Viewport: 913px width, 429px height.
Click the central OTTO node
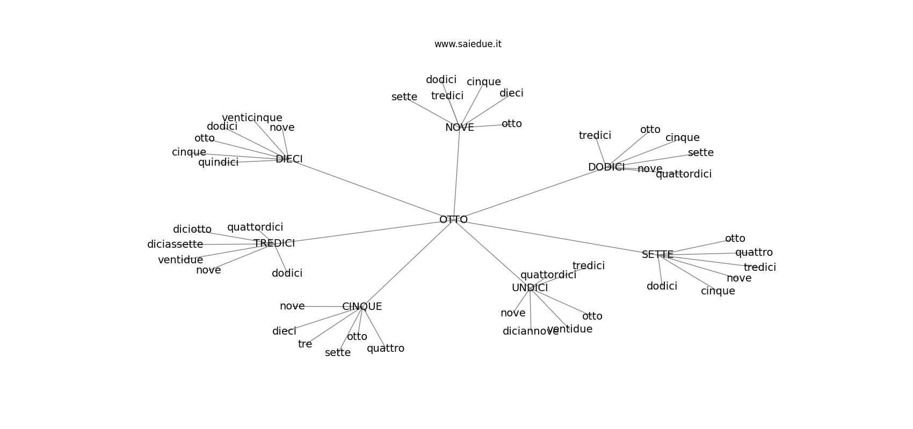click(453, 219)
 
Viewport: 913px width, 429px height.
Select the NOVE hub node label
click(459, 128)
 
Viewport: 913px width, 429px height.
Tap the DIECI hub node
click(289, 159)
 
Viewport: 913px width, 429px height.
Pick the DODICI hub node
click(606, 167)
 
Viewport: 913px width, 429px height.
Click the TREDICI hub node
click(274, 243)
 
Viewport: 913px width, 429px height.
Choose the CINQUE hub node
click(362, 307)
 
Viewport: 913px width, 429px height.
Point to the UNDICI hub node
click(530, 288)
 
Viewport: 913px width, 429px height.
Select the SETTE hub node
click(657, 255)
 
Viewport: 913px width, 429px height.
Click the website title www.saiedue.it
click(468, 44)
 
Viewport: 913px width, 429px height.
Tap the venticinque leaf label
click(252, 118)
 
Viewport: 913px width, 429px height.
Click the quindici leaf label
click(218, 162)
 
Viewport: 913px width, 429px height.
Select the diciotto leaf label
click(192, 230)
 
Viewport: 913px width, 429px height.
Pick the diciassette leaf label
click(175, 245)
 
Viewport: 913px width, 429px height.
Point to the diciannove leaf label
click(530, 331)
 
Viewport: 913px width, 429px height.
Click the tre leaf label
click(305, 344)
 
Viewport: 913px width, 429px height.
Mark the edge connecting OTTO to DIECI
click(371, 189)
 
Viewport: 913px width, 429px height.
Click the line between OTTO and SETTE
click(556, 237)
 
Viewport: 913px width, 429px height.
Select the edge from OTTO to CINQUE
click(408, 263)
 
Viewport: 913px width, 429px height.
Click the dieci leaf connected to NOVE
click(511, 93)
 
